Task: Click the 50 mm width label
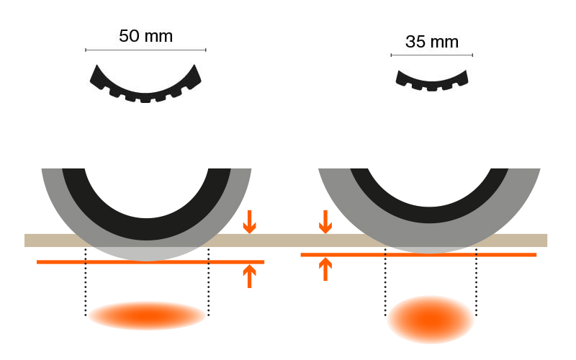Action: point(145,36)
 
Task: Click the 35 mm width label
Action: point(431,42)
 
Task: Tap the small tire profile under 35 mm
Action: point(432,81)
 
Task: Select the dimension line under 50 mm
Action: point(145,50)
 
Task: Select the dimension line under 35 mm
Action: point(431,55)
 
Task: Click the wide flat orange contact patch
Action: point(147,315)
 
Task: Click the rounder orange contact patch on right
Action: point(431,318)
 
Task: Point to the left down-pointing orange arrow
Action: point(249,222)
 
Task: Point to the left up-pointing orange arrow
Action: point(249,276)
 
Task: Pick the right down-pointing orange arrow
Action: point(325,222)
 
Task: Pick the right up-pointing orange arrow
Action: point(325,269)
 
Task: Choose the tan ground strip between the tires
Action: point(285,240)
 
